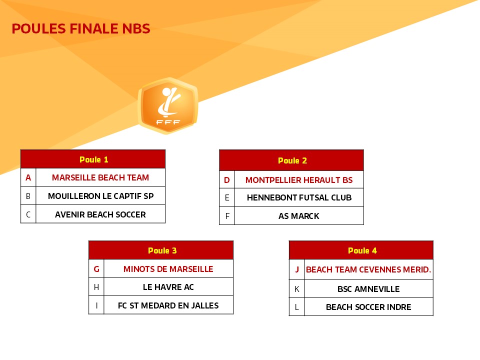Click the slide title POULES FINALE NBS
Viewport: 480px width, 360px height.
tap(81, 29)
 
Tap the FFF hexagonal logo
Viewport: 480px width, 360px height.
tap(168, 105)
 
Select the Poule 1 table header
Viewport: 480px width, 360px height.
tap(93, 159)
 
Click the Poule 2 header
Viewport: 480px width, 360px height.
tap(291, 160)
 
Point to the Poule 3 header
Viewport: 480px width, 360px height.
tap(161, 250)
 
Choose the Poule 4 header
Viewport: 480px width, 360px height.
tap(361, 250)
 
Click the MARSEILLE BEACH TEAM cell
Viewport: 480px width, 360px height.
tap(100, 177)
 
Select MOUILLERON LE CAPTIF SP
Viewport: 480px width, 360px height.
tap(100, 196)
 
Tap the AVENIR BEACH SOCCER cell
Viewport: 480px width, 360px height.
tap(100, 214)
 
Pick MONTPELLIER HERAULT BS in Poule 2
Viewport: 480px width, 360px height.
tap(299, 180)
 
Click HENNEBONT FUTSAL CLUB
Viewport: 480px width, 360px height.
tap(299, 197)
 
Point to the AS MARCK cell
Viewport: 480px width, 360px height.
tap(299, 216)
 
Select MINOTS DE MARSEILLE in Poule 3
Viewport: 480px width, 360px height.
tap(168, 269)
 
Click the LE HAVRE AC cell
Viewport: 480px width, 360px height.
tap(168, 287)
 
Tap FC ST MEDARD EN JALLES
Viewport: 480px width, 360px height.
tap(168, 305)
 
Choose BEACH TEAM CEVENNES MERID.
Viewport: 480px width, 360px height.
tap(368, 269)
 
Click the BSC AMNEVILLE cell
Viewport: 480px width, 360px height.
tap(368, 288)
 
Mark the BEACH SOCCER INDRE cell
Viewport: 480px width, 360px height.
tap(368, 306)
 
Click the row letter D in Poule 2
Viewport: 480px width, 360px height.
tap(227, 180)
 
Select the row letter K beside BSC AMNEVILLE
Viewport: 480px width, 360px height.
tap(296, 288)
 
